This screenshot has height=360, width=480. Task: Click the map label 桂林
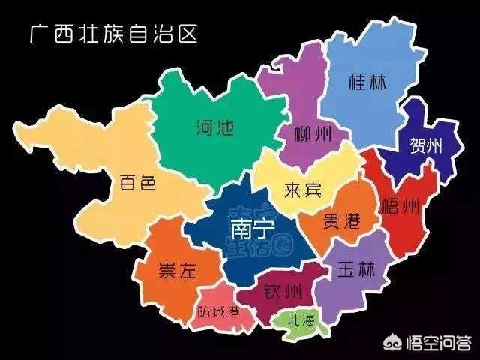point(367,82)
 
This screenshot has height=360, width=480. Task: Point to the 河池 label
point(214,127)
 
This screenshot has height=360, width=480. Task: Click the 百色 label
point(137,183)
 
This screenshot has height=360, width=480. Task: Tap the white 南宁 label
point(242,226)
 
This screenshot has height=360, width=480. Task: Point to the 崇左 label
point(177,271)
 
